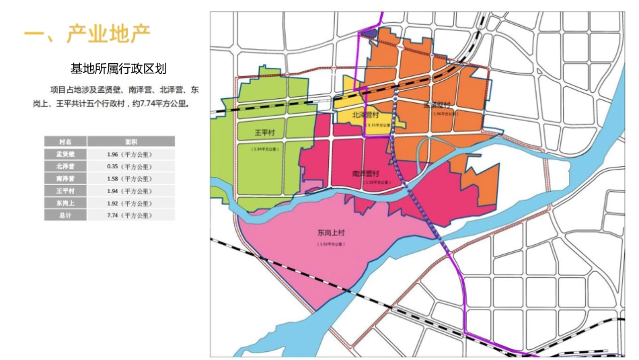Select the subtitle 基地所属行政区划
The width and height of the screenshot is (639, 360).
pyautogui.click(x=118, y=69)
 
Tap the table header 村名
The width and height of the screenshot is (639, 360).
pyautogui.click(x=65, y=142)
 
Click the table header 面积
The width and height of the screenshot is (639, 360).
pyautogui.click(x=130, y=142)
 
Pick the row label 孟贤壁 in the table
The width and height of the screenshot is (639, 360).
pyautogui.click(x=65, y=154)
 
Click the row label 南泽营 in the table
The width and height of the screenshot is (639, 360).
pyautogui.click(x=65, y=178)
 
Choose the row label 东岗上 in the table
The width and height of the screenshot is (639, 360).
pyautogui.click(x=65, y=203)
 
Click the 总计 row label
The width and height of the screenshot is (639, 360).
pyautogui.click(x=65, y=215)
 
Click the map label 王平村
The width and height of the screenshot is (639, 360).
pyautogui.click(x=264, y=133)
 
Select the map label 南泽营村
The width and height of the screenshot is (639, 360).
pyautogui.click(x=366, y=173)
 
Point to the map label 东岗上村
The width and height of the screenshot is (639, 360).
pyautogui.click(x=332, y=233)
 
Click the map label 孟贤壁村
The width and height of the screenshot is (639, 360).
pyautogui.click(x=437, y=105)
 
